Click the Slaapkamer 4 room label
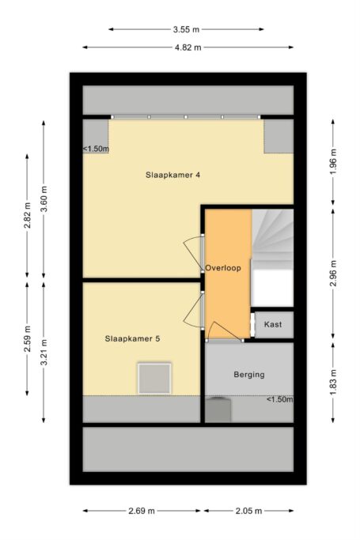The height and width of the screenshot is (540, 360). (x=172, y=175)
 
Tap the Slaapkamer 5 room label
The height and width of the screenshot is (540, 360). (x=132, y=339)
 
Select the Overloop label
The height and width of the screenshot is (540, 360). (x=223, y=268)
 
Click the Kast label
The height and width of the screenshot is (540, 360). (x=273, y=324)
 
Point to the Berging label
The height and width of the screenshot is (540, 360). (x=249, y=375)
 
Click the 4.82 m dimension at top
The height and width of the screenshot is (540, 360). (x=188, y=47)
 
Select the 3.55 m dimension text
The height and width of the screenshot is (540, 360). (x=186, y=29)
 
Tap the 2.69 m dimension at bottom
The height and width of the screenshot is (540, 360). (x=142, y=511)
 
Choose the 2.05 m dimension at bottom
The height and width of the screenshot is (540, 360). (x=248, y=511)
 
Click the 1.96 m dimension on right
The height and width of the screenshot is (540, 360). (x=333, y=162)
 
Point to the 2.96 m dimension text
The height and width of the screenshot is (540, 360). (x=333, y=274)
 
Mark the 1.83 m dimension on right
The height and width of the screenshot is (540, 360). (x=333, y=383)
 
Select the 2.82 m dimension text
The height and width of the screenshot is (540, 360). (x=28, y=216)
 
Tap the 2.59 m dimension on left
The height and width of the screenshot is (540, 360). (x=28, y=339)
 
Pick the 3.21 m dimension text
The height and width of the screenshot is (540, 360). (x=44, y=353)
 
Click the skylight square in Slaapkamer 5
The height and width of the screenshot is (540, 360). (x=154, y=378)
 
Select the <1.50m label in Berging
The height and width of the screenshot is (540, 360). (x=280, y=399)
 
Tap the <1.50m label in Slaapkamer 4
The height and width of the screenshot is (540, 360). (x=96, y=149)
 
